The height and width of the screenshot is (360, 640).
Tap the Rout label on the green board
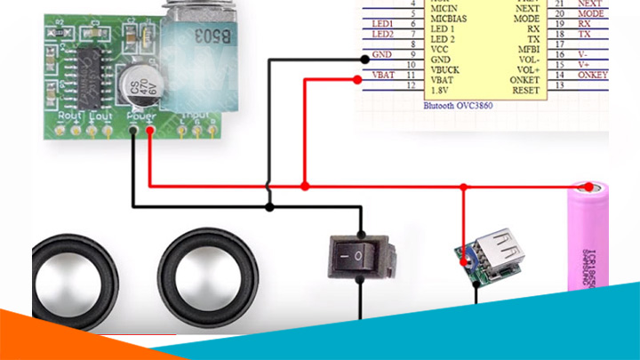click(x=70, y=116)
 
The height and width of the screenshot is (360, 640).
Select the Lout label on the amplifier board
click(x=101, y=116)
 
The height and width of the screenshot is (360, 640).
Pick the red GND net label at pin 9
click(x=382, y=55)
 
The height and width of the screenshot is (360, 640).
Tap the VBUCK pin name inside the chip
click(x=445, y=67)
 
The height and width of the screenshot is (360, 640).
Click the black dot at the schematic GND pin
click(x=364, y=59)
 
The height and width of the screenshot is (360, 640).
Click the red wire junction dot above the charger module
click(x=463, y=187)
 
